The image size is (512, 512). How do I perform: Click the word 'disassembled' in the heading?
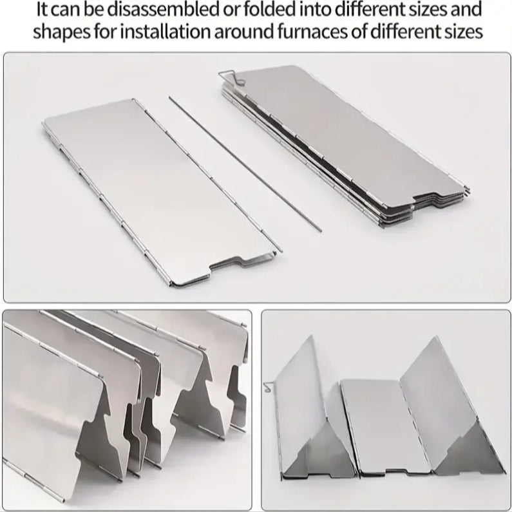[x=163, y=10]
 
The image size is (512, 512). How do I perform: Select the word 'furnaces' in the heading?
[x=313, y=32]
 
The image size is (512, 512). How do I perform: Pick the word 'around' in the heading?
[x=244, y=32]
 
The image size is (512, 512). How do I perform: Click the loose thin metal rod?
[x=245, y=164]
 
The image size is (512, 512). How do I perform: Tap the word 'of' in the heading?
[x=360, y=32]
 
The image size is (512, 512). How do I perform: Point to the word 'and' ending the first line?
[x=466, y=10]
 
